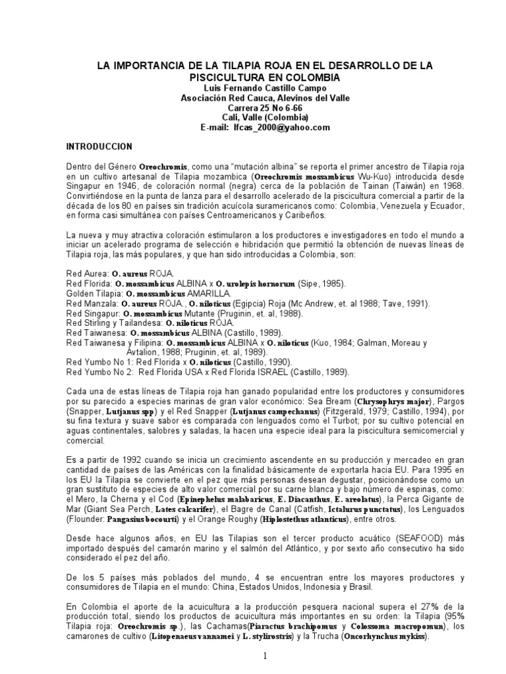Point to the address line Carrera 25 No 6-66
click(x=253, y=107)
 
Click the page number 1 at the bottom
click(x=265, y=656)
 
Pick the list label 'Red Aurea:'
click(x=87, y=273)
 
